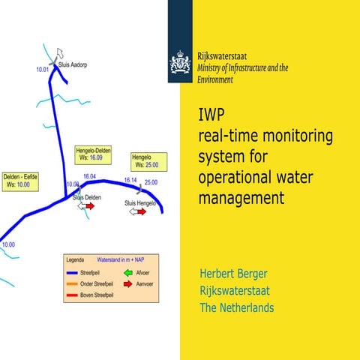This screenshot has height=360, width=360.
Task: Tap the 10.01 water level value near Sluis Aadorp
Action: [43, 70]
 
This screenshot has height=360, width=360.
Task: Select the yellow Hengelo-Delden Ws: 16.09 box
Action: [93, 154]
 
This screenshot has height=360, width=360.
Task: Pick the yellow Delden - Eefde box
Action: [20, 180]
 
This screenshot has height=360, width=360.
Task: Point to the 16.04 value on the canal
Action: [90, 176]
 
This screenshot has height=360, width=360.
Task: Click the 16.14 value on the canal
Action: [130, 181]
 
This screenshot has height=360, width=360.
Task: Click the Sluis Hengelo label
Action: [139, 203]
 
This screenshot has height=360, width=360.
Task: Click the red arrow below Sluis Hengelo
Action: [142, 212]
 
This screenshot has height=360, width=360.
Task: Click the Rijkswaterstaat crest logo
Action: [180, 63]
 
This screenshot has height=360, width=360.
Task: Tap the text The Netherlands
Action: [236, 308]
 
